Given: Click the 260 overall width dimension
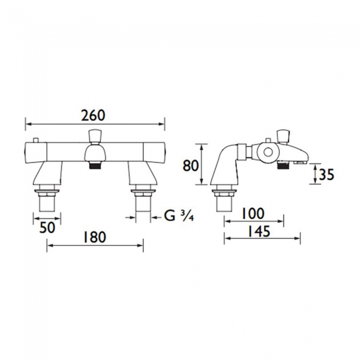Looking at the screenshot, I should [x=93, y=115].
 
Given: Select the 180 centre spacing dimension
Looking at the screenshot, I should [x=94, y=237].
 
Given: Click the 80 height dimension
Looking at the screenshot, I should [x=191, y=166].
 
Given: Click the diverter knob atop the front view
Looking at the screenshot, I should [x=94, y=135].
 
